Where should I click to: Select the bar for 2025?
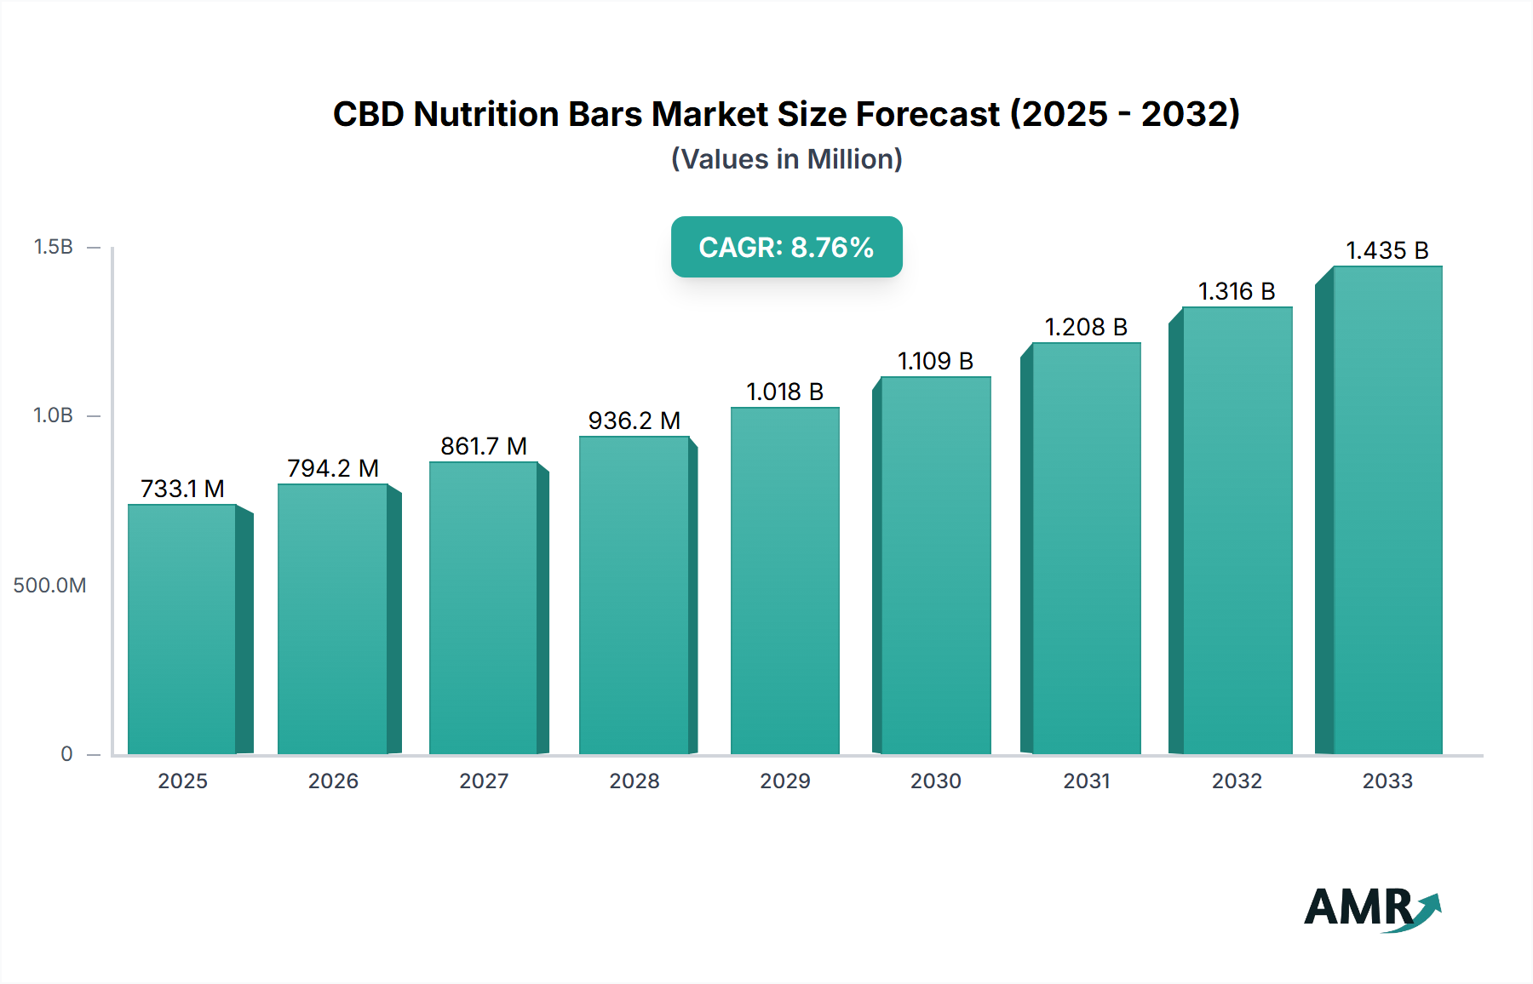click(182, 630)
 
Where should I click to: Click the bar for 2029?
click(785, 581)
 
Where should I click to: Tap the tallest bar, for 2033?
click(1387, 511)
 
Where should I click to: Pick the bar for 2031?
click(1086, 549)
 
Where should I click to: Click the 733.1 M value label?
click(182, 489)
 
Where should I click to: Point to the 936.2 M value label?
click(634, 420)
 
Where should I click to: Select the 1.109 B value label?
click(935, 361)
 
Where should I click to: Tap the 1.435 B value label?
click(1387, 250)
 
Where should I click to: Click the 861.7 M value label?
click(483, 446)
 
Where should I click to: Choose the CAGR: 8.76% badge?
click(786, 247)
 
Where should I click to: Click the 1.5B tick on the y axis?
click(53, 247)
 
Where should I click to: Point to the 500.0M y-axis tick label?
click(49, 586)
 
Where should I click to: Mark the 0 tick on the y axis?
click(66, 754)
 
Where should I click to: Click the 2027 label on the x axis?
click(484, 781)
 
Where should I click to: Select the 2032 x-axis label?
click(1237, 781)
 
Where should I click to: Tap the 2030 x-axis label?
click(935, 781)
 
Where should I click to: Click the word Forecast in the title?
click(927, 114)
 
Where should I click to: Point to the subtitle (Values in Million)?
click(786, 159)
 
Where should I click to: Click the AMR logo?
click(1371, 908)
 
